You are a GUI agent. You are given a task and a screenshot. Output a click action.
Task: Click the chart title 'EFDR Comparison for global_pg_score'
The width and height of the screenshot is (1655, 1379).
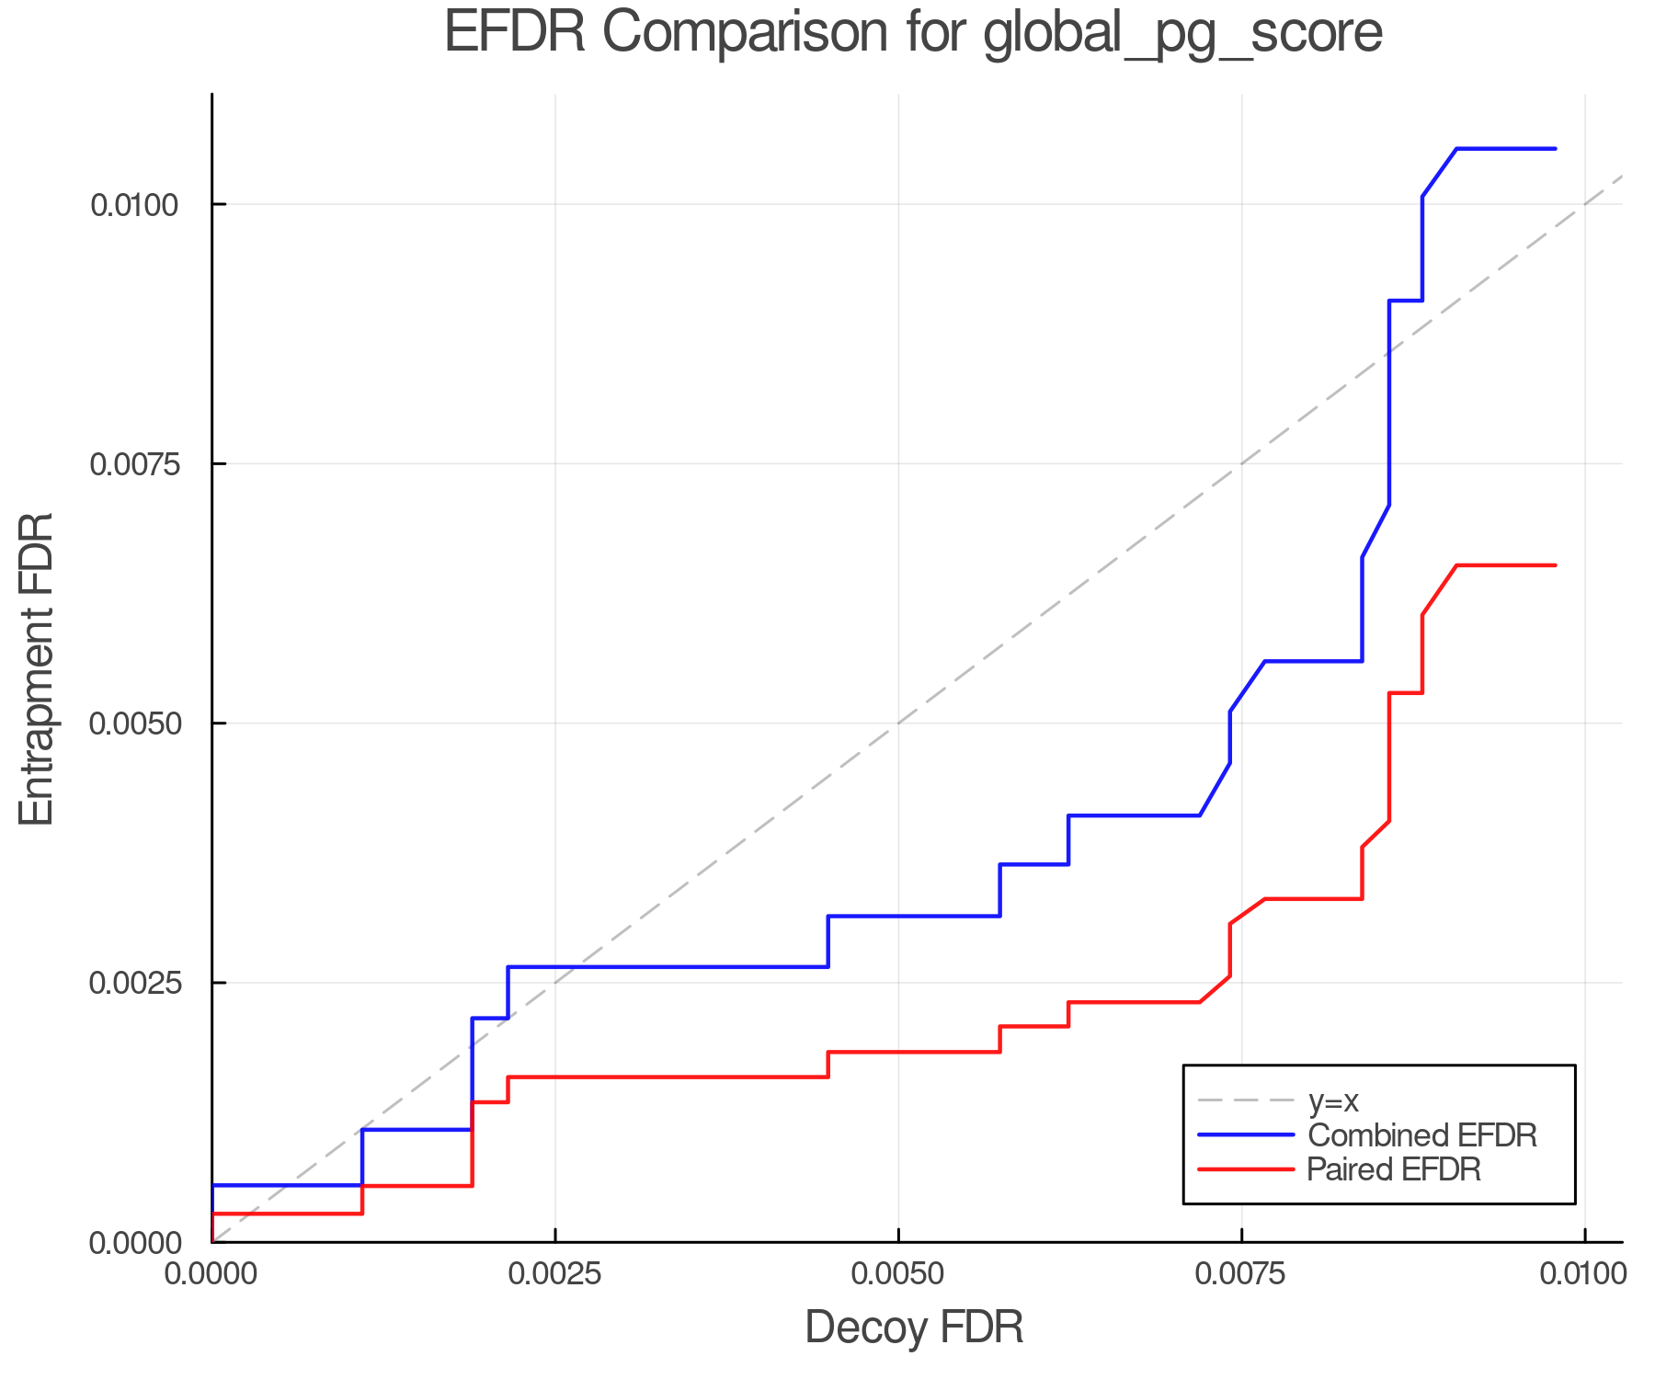tap(913, 33)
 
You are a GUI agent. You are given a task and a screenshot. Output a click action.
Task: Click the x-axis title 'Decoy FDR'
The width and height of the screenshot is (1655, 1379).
tap(914, 1328)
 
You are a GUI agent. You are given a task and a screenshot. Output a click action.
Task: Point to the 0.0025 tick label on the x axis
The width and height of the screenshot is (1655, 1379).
tap(555, 1275)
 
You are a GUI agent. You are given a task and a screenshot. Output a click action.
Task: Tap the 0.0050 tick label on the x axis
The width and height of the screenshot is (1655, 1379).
tap(898, 1275)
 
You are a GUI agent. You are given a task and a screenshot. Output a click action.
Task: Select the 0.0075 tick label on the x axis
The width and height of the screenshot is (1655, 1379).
tap(1241, 1275)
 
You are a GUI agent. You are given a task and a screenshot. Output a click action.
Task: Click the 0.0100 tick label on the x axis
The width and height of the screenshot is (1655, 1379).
tap(1584, 1275)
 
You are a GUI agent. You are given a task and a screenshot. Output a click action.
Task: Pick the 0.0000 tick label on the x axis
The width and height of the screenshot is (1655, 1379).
tap(212, 1275)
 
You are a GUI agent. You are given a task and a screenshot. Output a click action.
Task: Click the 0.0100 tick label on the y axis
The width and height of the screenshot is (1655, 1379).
tap(134, 204)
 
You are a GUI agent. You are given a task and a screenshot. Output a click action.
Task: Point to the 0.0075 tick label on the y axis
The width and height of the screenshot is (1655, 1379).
tap(134, 463)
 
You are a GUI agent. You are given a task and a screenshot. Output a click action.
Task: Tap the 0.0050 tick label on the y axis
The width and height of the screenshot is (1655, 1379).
tap(134, 724)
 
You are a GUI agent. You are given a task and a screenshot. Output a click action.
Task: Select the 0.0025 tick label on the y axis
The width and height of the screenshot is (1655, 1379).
tap(134, 983)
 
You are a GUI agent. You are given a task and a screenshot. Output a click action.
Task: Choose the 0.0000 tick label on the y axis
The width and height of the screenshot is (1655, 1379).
tap(134, 1243)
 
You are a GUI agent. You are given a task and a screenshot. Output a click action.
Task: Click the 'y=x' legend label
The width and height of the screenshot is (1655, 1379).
tap(1333, 1100)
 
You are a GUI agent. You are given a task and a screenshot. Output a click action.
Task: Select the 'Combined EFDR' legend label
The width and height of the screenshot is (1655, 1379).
tap(1421, 1135)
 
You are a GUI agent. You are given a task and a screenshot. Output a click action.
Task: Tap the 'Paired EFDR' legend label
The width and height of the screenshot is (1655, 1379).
tap(1394, 1169)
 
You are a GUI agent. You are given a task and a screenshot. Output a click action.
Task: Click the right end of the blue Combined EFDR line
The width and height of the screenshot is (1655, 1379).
tap(1555, 149)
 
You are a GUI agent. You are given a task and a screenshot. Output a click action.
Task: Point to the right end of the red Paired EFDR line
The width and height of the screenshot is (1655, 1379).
tap(1555, 565)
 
